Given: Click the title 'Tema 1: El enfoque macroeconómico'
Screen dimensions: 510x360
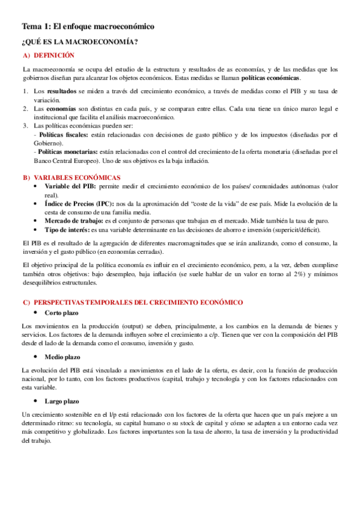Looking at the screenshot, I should click(88, 27).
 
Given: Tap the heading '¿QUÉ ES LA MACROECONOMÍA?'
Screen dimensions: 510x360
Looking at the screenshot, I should click(80, 41).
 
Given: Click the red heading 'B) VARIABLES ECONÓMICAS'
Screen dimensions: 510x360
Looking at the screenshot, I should click(72, 177).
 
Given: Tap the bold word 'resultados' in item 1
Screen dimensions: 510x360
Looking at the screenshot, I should click(62, 91).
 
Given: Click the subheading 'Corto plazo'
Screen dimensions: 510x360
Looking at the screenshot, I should click(61, 313).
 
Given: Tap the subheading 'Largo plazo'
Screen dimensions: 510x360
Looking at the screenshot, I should click(61, 401).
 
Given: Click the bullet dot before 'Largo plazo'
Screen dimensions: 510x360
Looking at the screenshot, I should click(37, 401).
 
